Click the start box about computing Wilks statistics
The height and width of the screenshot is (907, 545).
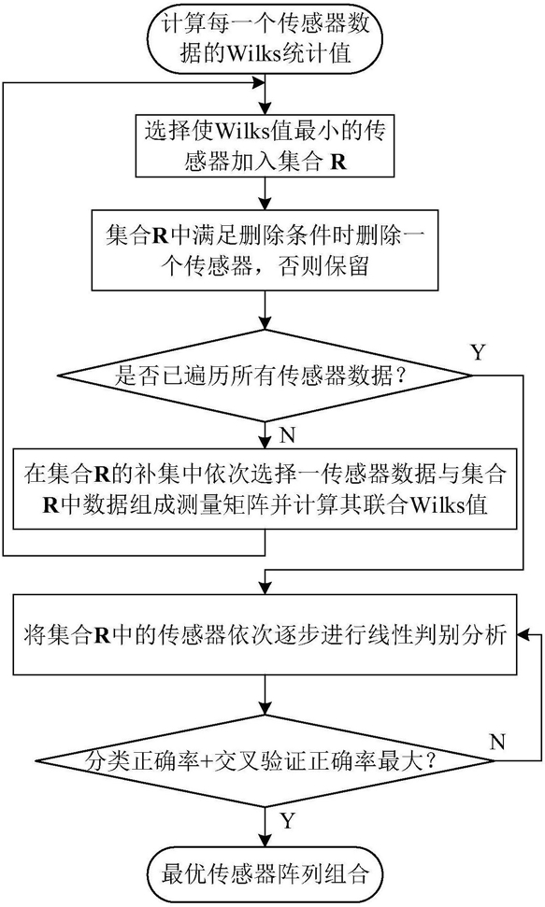(265, 38)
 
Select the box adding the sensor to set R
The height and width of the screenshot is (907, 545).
(265, 145)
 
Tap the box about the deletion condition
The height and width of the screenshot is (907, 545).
(265, 250)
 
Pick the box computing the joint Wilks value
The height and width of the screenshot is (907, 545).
(265, 488)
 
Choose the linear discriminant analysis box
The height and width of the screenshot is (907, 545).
(265, 634)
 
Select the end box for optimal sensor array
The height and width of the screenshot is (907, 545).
(265, 873)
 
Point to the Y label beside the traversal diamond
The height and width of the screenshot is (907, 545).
(478, 352)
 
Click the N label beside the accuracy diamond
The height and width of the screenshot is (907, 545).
(497, 741)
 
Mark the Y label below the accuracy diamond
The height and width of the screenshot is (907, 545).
(288, 820)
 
